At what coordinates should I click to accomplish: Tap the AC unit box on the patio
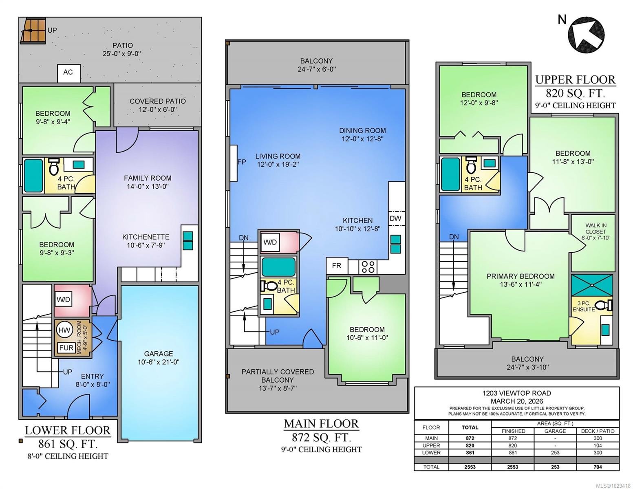coord(68,73)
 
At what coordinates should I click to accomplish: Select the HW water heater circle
coord(64,330)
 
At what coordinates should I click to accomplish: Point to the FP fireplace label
coord(241,162)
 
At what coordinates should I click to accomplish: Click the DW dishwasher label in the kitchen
coord(395,218)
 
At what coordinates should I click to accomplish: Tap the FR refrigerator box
coord(337,266)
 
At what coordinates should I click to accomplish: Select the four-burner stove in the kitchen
coord(368,267)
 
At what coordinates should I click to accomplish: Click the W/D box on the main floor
coord(270,242)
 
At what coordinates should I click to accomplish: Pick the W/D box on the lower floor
coord(63,300)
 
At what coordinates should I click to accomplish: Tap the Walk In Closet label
coord(596,231)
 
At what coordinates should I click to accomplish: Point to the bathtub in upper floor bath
coord(450,174)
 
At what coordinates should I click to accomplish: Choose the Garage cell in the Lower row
coord(555,453)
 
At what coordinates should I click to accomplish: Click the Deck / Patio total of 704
coord(598,467)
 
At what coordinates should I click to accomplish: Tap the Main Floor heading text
coord(321,424)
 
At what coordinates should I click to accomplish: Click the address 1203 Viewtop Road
coord(516,393)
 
